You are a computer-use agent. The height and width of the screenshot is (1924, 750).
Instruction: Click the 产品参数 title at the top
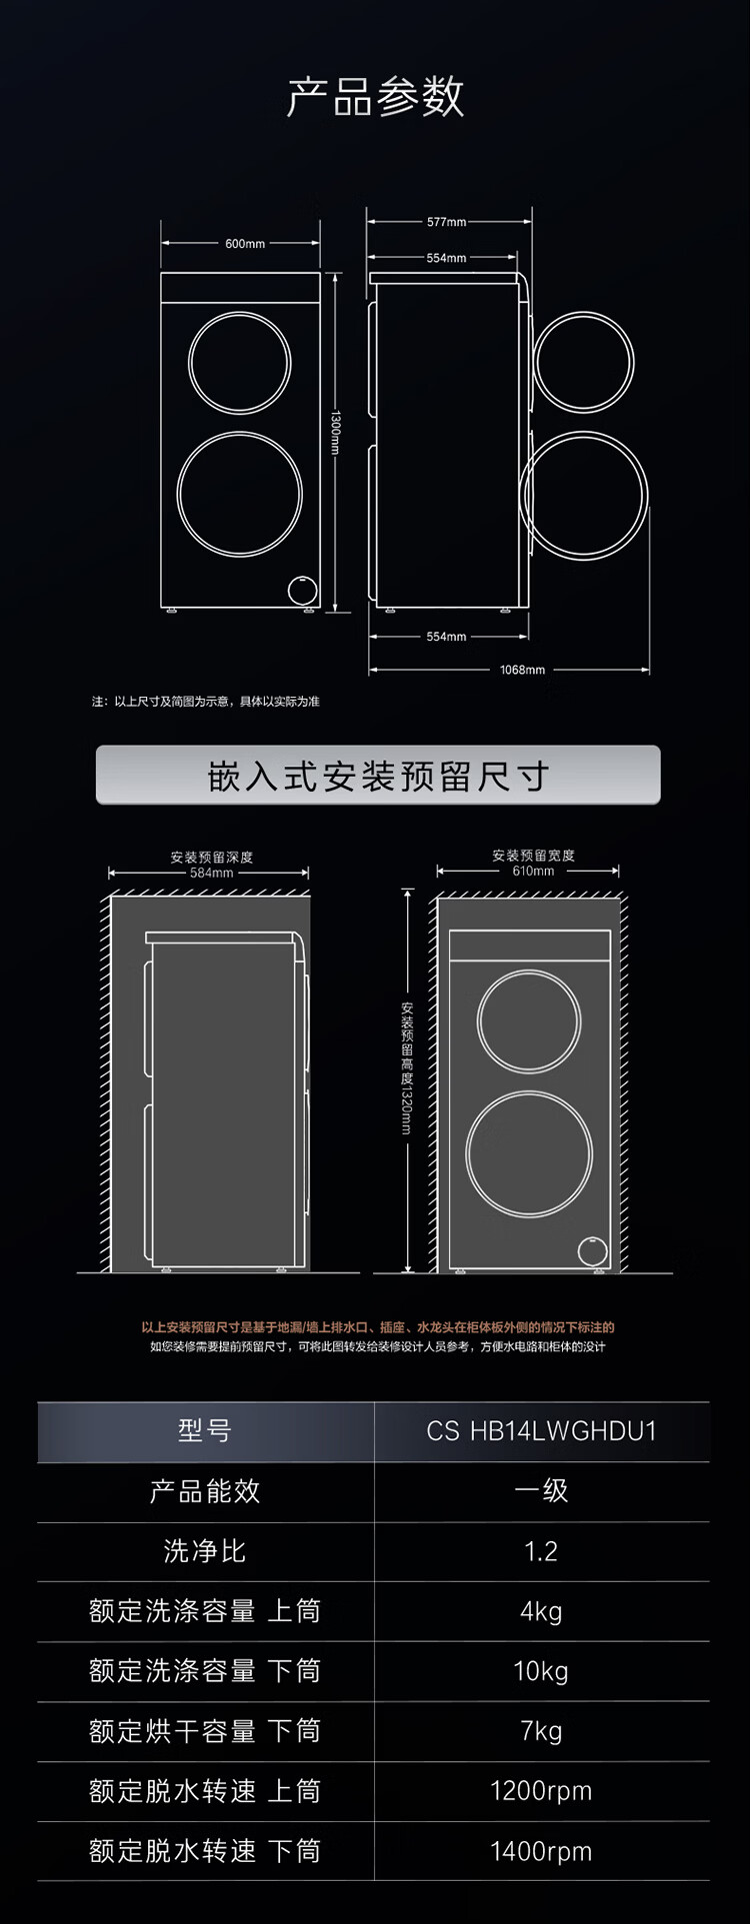375,97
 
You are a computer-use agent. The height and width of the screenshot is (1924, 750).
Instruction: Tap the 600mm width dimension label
244,244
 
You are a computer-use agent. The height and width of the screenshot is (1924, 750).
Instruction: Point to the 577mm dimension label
446,222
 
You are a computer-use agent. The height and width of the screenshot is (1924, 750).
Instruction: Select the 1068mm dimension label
522,670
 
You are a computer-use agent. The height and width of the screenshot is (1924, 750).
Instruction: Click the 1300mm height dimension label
336,431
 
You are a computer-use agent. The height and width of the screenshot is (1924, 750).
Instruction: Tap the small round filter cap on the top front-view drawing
302,589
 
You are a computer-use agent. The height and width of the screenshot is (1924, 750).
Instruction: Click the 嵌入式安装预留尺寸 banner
378,776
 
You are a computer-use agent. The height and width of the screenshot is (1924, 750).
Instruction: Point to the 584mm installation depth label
211,873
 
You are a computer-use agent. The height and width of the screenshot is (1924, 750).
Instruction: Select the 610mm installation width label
533,871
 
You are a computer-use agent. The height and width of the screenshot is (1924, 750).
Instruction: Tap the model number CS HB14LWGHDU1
541,1431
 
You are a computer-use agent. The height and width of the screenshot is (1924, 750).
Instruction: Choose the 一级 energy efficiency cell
541,1491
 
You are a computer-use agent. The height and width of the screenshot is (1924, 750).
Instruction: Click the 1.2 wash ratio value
541,1551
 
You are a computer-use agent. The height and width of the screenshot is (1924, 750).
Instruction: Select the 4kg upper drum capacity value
541,1611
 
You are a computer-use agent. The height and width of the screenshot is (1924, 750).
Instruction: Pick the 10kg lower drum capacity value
541,1671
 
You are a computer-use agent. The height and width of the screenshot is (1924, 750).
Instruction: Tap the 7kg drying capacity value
541,1731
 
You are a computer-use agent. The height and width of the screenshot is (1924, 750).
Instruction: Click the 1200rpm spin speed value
541,1791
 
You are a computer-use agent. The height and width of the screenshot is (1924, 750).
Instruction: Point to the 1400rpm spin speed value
541,1851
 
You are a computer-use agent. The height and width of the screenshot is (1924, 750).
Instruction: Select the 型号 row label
205,1431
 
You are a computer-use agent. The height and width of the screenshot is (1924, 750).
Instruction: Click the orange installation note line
378,1327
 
